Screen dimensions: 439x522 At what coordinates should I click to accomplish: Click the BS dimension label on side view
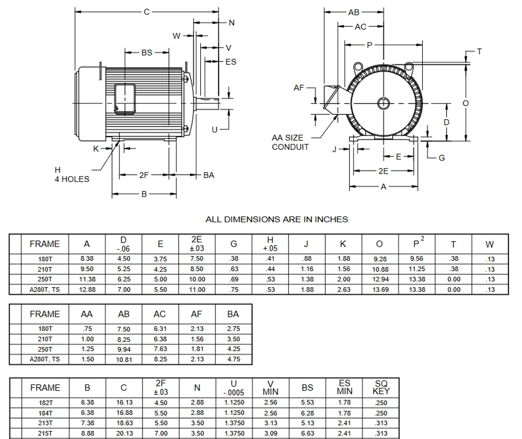(147, 53)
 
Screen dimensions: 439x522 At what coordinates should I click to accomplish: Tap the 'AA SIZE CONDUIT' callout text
(290, 142)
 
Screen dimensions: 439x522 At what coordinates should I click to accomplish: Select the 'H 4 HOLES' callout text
(72, 175)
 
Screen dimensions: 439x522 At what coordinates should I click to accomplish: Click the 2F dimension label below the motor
(144, 175)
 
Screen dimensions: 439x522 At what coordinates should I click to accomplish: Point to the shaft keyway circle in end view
(383, 103)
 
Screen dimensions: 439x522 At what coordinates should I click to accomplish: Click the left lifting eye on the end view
(358, 67)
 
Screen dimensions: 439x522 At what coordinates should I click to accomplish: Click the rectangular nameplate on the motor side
(125, 98)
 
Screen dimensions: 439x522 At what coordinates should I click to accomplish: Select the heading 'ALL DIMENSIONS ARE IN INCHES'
(276, 219)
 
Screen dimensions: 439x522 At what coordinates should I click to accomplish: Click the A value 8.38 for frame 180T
(87, 259)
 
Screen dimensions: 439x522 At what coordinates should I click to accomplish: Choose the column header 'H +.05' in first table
(270, 244)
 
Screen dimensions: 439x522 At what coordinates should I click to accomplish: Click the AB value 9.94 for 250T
(124, 349)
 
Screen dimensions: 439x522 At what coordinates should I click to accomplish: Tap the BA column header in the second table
(233, 314)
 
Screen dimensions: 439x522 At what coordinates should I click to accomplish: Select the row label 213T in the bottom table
(45, 423)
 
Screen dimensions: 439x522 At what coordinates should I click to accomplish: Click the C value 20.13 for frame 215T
(124, 433)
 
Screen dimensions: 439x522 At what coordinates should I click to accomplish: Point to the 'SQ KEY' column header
(381, 388)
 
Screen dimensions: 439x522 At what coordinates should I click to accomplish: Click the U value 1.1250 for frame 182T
(234, 403)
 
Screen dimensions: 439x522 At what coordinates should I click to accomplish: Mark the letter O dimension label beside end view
(466, 103)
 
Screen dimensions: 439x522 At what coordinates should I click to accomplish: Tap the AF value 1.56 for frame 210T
(197, 339)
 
